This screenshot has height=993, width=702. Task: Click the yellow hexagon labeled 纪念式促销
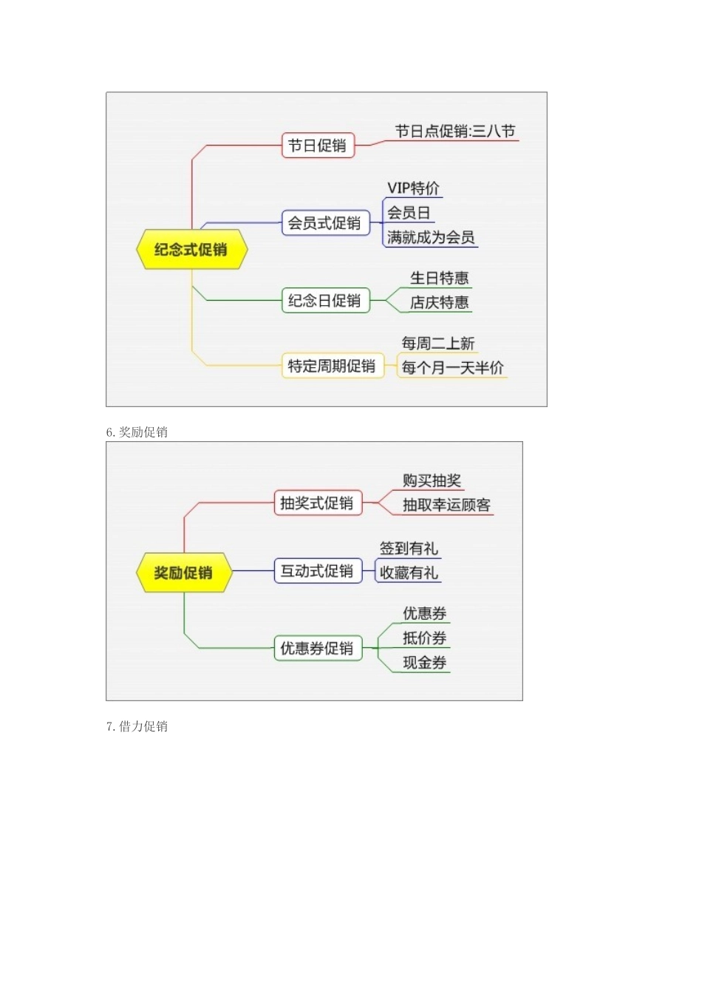191,250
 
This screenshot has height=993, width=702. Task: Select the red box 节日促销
318,146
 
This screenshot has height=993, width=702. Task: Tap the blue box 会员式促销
324,223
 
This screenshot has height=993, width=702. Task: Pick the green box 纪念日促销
324,301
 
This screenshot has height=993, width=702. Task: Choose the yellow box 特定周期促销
332,366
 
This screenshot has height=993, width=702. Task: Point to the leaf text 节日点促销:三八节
454,132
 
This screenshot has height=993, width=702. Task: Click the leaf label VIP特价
413,188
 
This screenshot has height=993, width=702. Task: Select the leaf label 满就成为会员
431,237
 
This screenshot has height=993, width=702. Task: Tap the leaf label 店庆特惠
440,302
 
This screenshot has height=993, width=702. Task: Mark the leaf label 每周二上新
438,344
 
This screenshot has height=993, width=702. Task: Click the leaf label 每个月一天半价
453,367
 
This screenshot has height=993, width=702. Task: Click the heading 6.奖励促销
137,432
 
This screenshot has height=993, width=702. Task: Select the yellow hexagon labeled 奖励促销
183,573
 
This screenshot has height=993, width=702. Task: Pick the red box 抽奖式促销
317,503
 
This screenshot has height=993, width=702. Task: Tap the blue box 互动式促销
317,571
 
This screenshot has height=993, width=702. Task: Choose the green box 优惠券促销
317,649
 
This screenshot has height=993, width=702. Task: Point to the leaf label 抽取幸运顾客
446,505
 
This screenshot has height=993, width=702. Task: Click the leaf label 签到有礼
409,548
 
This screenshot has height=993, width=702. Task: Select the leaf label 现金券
425,663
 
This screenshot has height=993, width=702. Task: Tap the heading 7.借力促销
137,726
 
